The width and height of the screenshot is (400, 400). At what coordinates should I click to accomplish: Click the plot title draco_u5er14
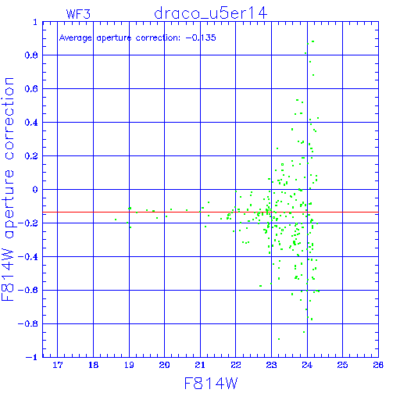point(211,13)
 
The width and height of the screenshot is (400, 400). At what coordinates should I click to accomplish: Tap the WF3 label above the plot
point(78,14)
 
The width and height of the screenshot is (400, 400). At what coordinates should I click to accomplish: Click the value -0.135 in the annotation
point(201,37)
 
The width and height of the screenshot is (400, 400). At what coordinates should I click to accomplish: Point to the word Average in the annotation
point(76,38)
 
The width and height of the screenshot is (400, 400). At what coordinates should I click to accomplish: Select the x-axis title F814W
point(211,384)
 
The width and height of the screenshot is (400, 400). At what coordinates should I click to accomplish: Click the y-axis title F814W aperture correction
point(8,189)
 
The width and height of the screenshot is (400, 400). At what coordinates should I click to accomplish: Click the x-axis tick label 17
point(58,365)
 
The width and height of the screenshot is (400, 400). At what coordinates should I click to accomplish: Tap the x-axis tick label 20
point(164,365)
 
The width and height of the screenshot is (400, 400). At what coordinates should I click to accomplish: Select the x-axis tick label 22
point(236,365)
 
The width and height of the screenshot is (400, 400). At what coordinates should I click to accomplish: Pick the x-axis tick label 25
point(342,365)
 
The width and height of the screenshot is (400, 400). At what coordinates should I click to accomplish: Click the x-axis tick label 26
point(378,365)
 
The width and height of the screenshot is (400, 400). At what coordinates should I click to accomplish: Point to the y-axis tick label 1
point(35,23)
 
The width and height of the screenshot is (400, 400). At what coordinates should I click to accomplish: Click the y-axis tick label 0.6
point(31,89)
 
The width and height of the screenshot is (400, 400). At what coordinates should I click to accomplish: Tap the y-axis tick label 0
point(35,189)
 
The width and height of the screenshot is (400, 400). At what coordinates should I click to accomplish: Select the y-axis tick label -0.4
point(28,257)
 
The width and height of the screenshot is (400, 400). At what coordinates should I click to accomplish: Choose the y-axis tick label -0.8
point(28,323)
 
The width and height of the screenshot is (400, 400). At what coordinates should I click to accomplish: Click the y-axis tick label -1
point(32,357)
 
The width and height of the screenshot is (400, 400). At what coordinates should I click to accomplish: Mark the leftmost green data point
point(116,220)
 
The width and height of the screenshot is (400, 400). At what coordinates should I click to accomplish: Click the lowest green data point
point(279,339)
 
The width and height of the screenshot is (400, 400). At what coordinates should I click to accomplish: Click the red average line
point(210,212)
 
